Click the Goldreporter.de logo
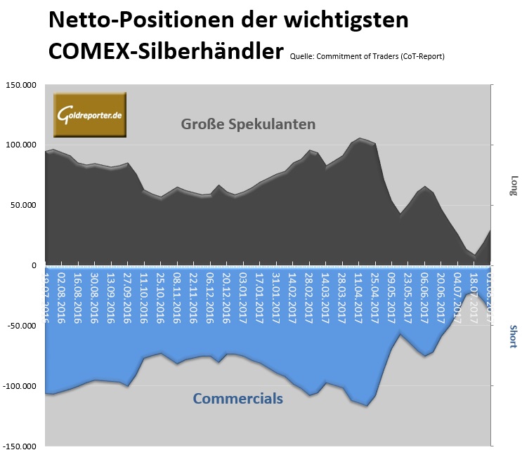(90, 114)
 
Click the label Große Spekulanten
(248, 124)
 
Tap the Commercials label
(237, 399)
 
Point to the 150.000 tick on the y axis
(20, 85)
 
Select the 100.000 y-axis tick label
(20, 145)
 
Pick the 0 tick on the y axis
(34, 266)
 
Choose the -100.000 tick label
(19, 387)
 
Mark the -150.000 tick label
(19, 446)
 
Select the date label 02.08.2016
(62, 296)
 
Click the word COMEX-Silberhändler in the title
(167, 51)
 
